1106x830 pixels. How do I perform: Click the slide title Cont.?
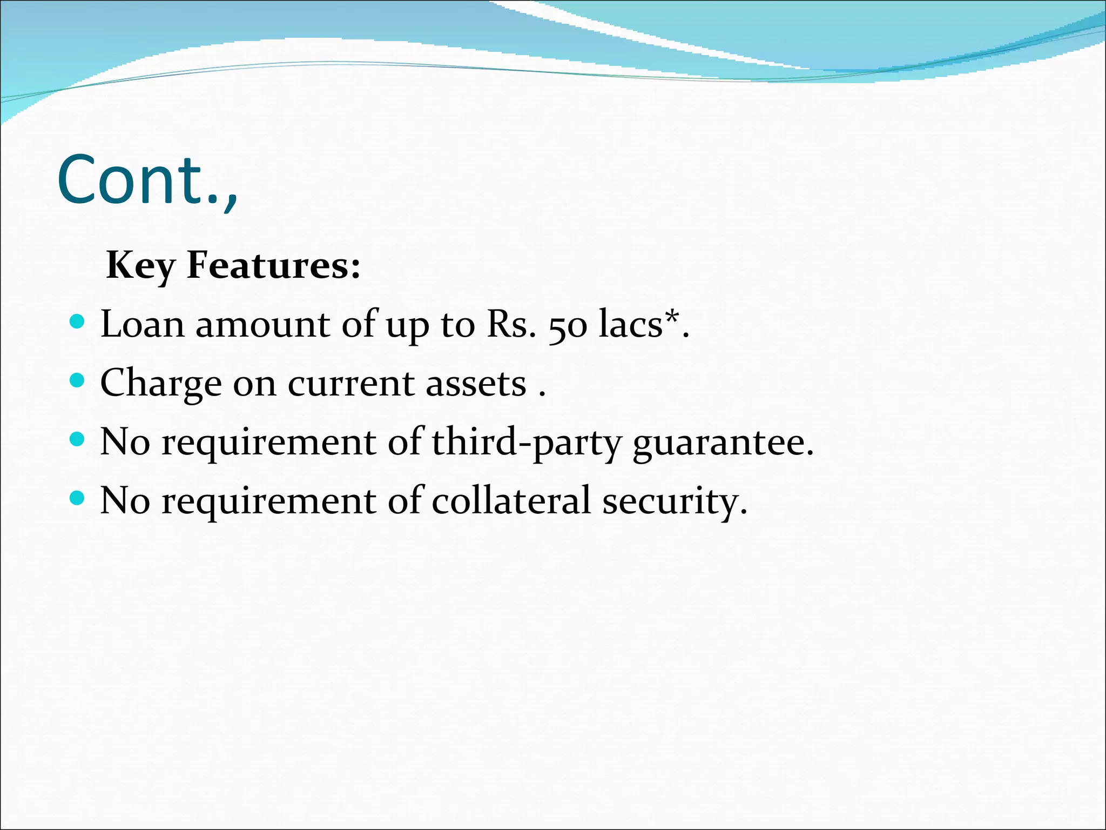click(x=147, y=180)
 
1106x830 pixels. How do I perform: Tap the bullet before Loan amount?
click(x=78, y=322)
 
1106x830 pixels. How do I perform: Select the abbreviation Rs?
click(x=511, y=325)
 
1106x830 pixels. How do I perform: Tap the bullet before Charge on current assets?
click(x=78, y=380)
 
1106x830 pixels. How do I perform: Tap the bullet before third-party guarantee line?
click(x=78, y=439)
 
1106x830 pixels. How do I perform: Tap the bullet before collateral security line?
click(x=78, y=497)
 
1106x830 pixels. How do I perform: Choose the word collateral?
click(x=511, y=500)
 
